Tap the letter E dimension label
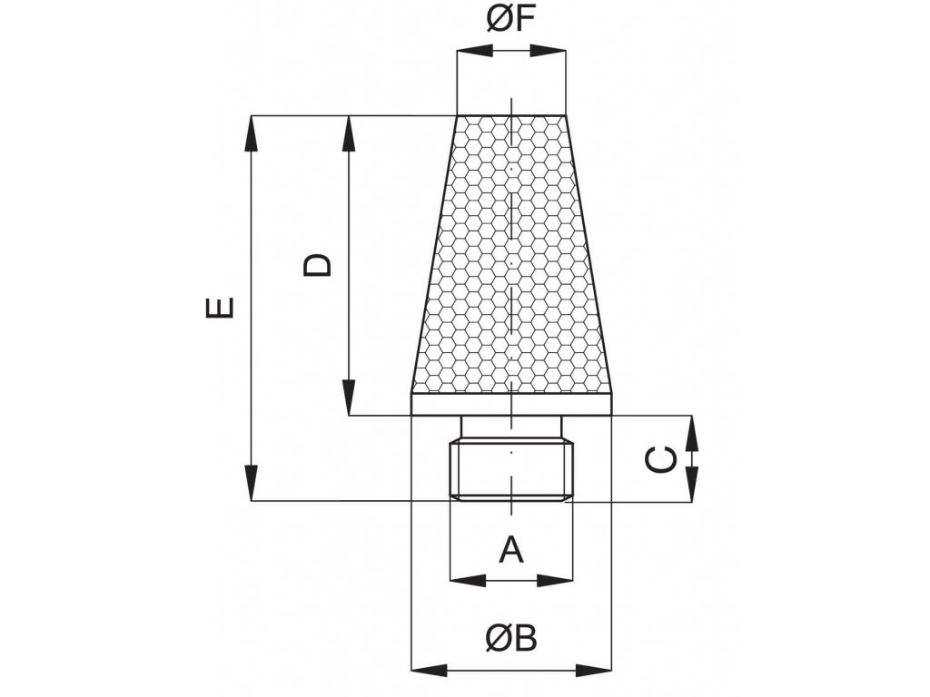pos(220,307)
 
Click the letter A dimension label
pos(512,548)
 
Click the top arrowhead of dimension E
pos(252,133)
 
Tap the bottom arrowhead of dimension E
pos(252,483)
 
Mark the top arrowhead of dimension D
pos(348,133)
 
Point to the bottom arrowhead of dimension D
pos(348,399)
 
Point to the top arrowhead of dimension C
pos(692,433)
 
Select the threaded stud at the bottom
pos(513,470)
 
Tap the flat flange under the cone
pos(511,404)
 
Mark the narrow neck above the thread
pos(513,427)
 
